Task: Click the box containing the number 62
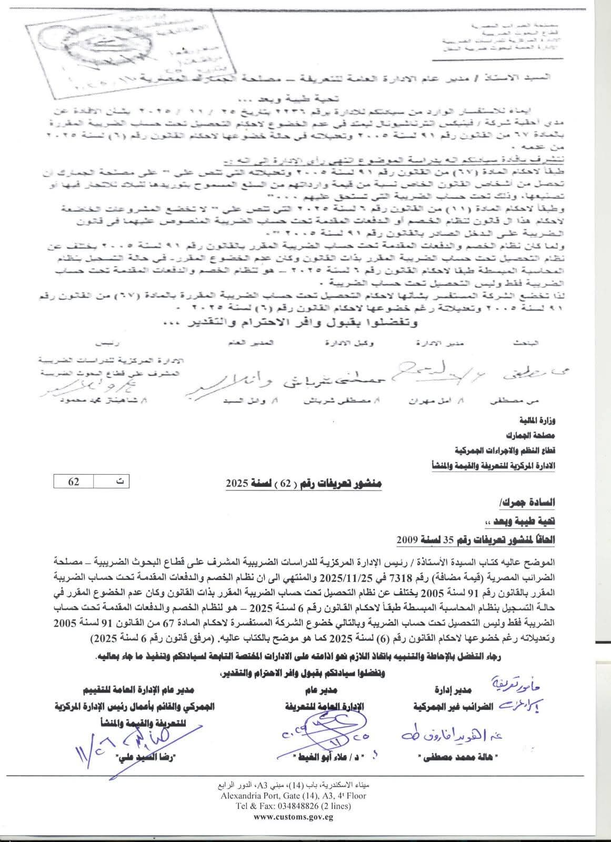[x=73, y=482]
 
